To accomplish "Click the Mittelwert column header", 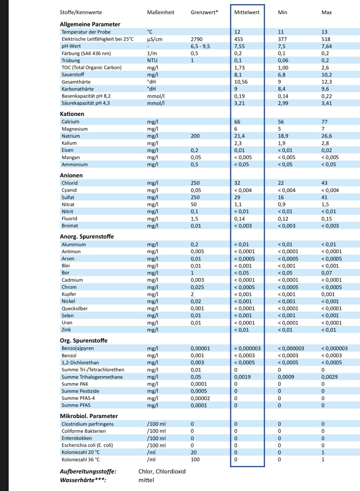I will coord(247,12).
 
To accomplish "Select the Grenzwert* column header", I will coord(204,12).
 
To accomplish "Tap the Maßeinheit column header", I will coord(161,12).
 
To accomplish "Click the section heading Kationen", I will coord(72,114).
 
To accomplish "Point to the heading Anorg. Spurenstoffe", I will coord(87,237).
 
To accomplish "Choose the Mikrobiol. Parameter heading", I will coord(89,416).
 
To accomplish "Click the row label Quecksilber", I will coord(75,309).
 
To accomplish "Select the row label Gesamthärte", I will coord(76,82).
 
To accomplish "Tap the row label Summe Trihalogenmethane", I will coord(92,377).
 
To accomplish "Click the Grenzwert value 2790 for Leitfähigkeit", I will coord(196,39).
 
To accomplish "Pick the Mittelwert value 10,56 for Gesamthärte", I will coord(241,82).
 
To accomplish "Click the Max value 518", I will coord(326,39).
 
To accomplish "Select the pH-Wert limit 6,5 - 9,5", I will coord(200,46).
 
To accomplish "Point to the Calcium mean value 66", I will coord(237,122).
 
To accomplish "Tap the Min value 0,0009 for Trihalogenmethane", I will coord(286,377).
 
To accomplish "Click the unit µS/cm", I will coord(155,39).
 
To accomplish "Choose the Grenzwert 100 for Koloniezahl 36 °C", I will coord(195,460).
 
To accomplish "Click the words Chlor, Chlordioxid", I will coord(162,471).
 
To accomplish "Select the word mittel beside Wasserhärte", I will coord(146,480).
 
